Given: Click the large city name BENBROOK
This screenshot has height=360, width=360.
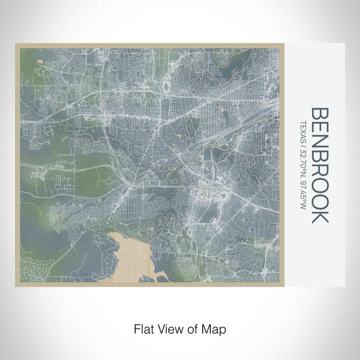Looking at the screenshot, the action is point(319,165).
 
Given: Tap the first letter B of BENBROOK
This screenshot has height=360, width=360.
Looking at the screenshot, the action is point(319,115).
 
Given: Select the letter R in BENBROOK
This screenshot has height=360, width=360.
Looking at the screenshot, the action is point(319,172).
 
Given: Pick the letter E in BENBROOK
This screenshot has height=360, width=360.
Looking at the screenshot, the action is point(319,129).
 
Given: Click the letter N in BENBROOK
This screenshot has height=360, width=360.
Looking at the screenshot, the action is point(319,143).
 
